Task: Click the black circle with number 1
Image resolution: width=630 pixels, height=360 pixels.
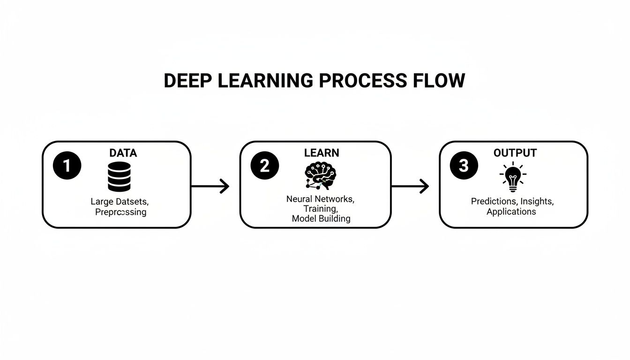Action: pos(67,166)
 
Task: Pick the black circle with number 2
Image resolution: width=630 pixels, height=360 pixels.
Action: pos(265,166)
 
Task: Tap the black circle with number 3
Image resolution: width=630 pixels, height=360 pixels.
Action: pos(464,166)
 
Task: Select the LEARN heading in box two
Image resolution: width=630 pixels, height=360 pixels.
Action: pos(322,153)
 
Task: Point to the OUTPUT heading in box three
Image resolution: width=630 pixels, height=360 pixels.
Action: pos(515,153)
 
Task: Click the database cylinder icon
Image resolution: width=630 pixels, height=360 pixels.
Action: pos(119,177)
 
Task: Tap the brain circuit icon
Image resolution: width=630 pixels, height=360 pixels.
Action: pos(320,176)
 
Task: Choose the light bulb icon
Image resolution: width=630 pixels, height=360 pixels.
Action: pos(513,176)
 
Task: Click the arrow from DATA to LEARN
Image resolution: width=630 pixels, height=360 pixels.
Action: pos(210,187)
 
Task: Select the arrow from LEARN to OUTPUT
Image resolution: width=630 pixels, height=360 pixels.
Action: pos(410,187)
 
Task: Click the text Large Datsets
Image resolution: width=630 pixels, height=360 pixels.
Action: pos(119,202)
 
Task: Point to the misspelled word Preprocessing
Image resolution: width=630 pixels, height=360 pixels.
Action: pos(120,212)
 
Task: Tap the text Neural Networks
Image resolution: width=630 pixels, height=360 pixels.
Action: pos(320,199)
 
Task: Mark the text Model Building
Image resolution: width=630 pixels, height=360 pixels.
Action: pos(321,218)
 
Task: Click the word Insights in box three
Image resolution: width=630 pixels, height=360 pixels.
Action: pos(536,201)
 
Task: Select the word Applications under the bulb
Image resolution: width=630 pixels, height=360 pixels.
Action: pos(511,211)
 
